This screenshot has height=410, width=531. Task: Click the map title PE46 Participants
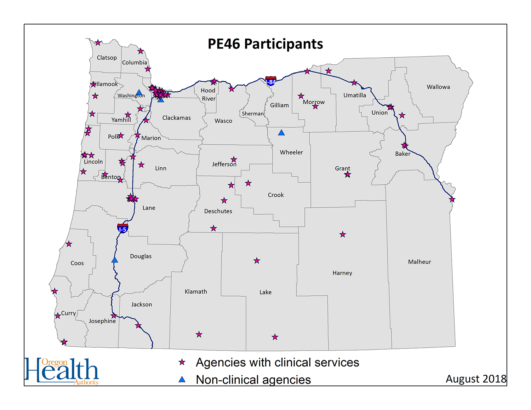(265, 44)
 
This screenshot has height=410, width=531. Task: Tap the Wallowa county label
(438, 87)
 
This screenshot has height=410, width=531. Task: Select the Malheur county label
(419, 262)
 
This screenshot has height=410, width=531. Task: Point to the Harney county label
(342, 273)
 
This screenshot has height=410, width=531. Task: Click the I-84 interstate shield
(271, 81)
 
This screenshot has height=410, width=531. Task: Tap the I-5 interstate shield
(122, 228)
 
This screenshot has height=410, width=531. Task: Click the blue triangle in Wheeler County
(281, 133)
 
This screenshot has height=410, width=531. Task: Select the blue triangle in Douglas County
(115, 260)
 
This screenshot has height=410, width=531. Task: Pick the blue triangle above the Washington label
(139, 92)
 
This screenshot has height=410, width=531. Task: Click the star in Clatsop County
(98, 42)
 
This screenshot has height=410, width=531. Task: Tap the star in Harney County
(343, 234)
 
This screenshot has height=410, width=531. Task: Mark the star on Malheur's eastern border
(452, 200)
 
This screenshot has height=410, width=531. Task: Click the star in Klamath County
(199, 334)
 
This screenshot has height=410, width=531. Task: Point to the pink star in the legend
(182, 362)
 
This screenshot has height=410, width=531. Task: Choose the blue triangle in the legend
(182, 380)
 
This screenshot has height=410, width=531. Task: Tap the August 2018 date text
(476, 379)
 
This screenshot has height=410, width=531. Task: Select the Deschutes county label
(218, 211)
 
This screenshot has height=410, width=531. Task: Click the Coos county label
(77, 263)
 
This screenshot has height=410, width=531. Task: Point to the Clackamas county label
(176, 118)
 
